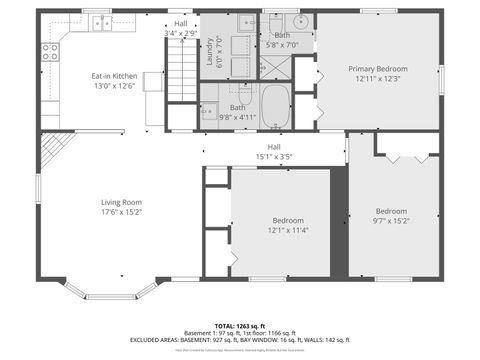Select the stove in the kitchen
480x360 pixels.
click(x=49, y=52)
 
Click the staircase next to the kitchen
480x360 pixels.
click(x=180, y=71)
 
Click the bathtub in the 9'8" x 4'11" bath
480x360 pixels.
click(x=275, y=102)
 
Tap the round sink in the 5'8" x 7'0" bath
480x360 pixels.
click(x=299, y=21)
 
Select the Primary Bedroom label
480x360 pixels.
click(x=377, y=69)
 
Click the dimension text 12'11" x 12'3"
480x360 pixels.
click(x=377, y=79)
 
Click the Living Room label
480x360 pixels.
click(x=121, y=202)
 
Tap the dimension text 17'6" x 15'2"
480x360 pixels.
click(x=121, y=212)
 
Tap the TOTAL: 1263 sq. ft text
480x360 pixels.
click(x=240, y=326)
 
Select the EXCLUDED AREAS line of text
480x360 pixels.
click(x=240, y=341)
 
